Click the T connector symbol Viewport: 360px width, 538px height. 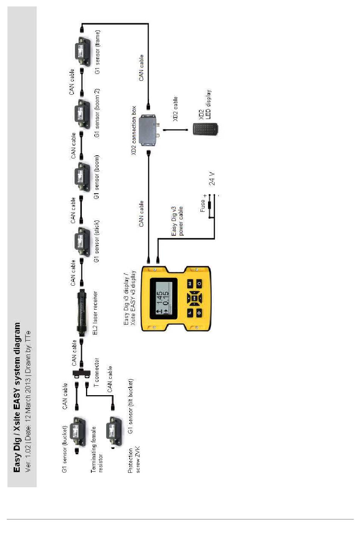pos(81,373)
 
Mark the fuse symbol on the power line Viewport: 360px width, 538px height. pos(209,206)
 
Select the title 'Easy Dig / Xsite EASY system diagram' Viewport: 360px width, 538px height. pos(17,397)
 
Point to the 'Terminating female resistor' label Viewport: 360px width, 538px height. pos(97,449)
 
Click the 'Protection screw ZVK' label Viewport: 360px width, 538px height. pos(134,460)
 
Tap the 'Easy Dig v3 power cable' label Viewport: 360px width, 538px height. pos(177,221)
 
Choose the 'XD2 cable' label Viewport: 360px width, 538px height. pos(175,109)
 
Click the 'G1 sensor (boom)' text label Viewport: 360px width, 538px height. pos(97,177)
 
